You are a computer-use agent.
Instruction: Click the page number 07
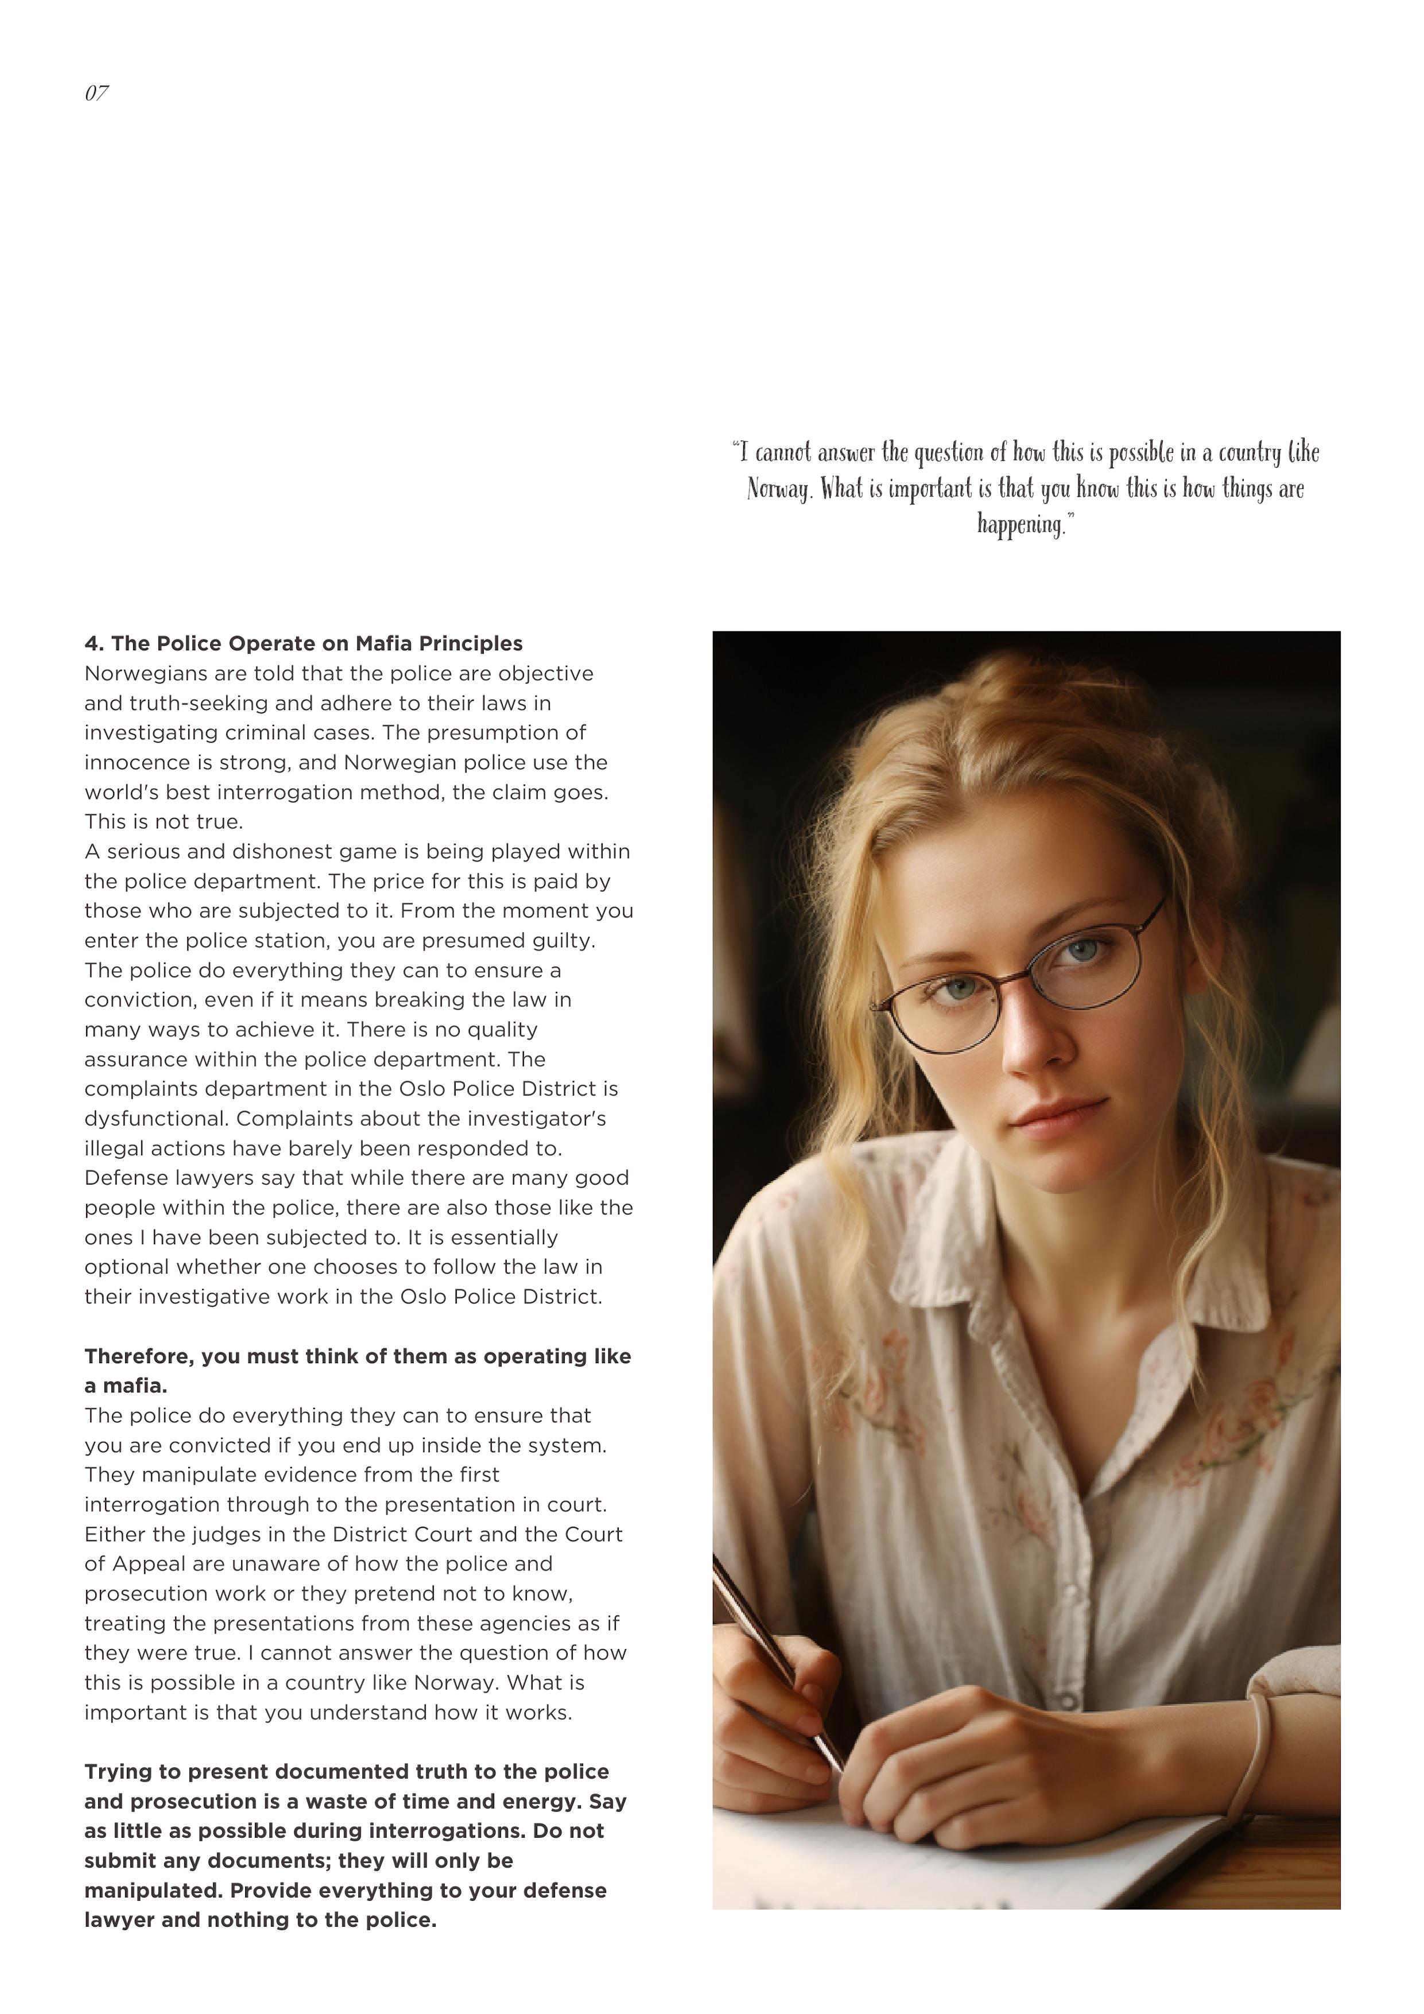[96, 93]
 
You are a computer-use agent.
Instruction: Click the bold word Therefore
[139, 1356]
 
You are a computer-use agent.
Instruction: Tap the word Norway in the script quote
[779, 490]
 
